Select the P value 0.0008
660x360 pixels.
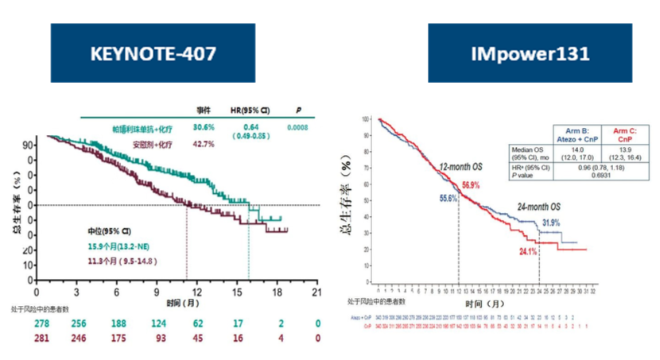299,126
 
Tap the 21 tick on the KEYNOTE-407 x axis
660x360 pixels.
316,291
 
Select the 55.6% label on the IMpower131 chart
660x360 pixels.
445,198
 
